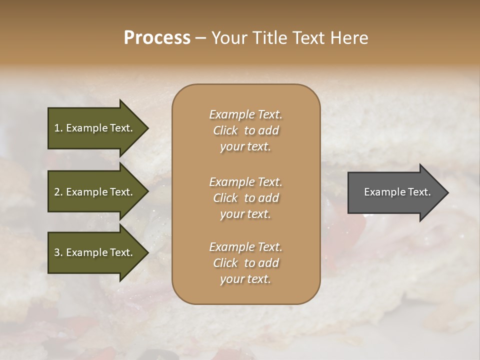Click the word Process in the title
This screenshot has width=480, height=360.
pos(157,38)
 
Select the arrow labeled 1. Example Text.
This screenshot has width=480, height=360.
pos(95,128)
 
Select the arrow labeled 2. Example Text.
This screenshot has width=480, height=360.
pos(95,192)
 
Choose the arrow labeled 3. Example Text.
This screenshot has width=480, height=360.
pos(95,252)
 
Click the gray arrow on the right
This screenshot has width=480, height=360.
pos(395,192)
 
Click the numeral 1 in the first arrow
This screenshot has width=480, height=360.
pos(56,128)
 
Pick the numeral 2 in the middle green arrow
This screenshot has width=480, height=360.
pos(56,192)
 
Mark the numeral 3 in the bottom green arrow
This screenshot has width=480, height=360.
pos(56,252)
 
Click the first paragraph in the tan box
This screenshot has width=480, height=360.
pos(245,130)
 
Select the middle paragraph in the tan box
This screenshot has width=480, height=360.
pos(245,198)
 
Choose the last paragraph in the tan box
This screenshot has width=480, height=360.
pos(245,263)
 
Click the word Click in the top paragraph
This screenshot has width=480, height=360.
pos(225,130)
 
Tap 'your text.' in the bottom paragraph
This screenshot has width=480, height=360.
pos(245,279)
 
